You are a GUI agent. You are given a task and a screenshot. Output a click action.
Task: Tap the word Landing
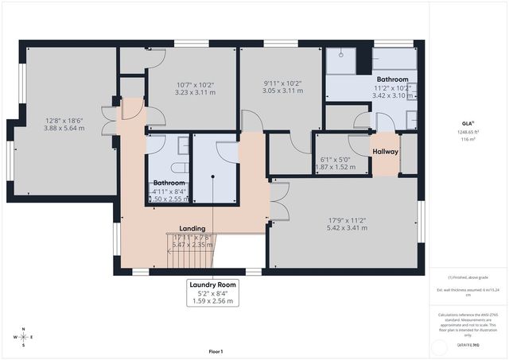point(192,228)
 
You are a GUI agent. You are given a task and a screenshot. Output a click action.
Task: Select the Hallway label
point(385,151)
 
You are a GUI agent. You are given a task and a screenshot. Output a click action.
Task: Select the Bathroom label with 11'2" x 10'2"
point(392,79)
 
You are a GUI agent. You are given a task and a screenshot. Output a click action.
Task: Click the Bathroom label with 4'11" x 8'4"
point(169,183)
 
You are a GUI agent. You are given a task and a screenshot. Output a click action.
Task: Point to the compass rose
point(24,337)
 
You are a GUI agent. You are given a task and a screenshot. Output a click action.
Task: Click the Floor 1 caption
point(216,351)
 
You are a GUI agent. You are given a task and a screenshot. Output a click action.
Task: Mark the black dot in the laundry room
point(213,176)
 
